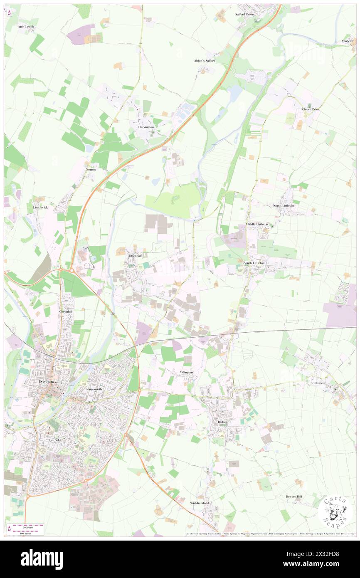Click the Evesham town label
tap(44, 380)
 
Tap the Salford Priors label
tap(244, 14)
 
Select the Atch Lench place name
tap(26, 27)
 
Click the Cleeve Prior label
tap(311, 109)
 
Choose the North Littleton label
tap(284, 206)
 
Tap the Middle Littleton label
tap(257, 225)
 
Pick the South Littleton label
tap(254, 263)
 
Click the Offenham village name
tap(136, 255)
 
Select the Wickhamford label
tap(200, 503)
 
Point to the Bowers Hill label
tap(296, 496)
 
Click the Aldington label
tap(186, 372)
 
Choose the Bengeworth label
tap(94, 389)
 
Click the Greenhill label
tap(66, 311)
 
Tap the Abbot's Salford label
tap(205, 61)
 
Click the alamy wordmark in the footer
tap(42, 559)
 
